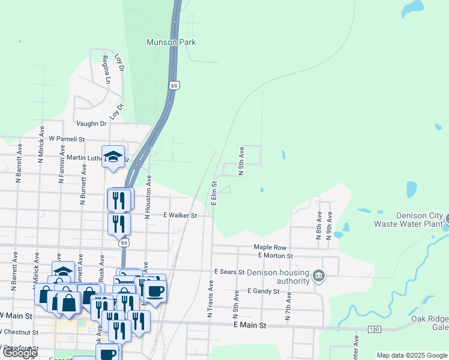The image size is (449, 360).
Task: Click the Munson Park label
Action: coord(172,43)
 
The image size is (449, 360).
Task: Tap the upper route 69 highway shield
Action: coord(173,86)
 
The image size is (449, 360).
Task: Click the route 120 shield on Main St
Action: coord(373,329)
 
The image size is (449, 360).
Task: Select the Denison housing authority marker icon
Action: coord(319,275)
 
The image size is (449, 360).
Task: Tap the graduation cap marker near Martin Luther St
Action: coord(113,157)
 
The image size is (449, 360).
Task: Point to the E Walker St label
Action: coord(180,215)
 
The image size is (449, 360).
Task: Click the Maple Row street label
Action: coord(270,247)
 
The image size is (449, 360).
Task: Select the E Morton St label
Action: coord(275,256)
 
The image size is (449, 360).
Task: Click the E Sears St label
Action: coord(229,272)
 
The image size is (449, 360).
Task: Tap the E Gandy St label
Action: coord(264,291)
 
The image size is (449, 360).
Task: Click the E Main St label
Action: coord(250,325)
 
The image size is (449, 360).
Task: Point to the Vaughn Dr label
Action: coord(91,123)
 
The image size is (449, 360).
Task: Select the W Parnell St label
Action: coord(67,138)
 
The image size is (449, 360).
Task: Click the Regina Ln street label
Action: coord(106,69)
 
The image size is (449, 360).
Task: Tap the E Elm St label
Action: coord(214,192)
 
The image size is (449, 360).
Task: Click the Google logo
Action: coord(20,353)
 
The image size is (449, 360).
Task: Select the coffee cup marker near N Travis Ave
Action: coord(155,292)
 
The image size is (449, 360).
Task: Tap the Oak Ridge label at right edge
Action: coord(429,319)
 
